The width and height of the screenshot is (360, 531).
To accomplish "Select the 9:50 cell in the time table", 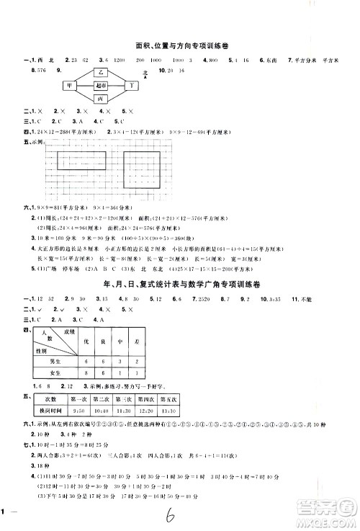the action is [x=75, y=411].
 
